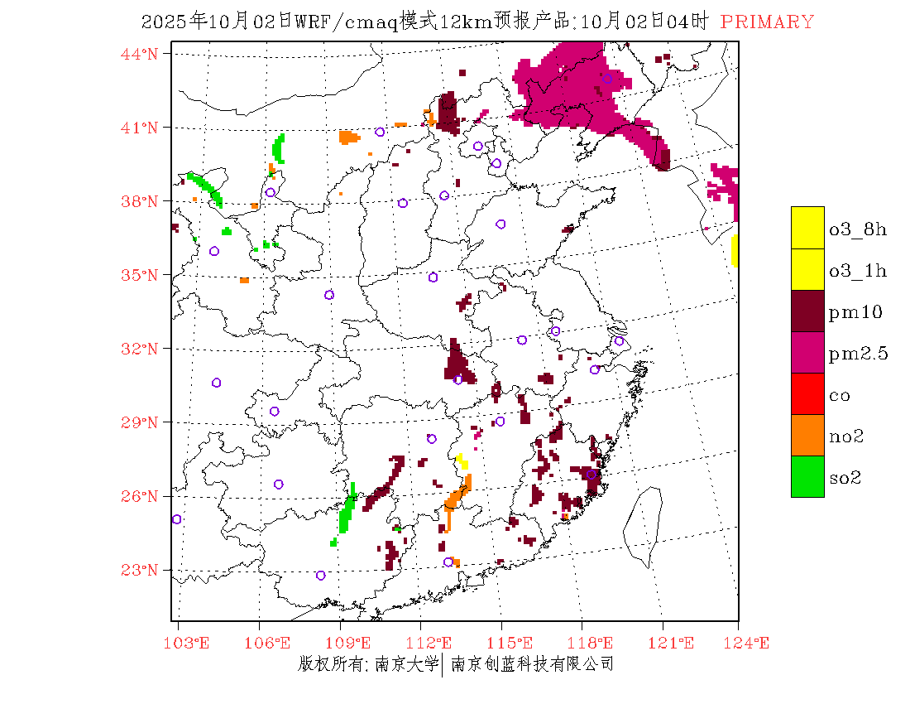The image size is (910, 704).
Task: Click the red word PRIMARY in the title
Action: pyautogui.click(x=767, y=22)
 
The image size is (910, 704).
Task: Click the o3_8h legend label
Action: pyautogui.click(x=858, y=229)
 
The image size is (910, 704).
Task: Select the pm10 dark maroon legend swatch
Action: pyautogui.click(x=807, y=311)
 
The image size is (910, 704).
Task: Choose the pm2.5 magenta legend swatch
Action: pyautogui.click(x=807, y=352)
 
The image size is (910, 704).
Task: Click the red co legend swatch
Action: pyautogui.click(x=807, y=393)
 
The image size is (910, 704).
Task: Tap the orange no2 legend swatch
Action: pyautogui.click(x=807, y=435)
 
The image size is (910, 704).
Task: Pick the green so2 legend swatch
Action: pyautogui.click(x=807, y=476)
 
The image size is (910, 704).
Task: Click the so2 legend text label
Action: pyautogui.click(x=845, y=478)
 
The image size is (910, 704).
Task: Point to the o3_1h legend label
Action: pyautogui.click(x=858, y=271)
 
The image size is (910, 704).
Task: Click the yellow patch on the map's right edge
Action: pyautogui.click(x=735, y=251)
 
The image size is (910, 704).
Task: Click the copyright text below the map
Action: pyautogui.click(x=456, y=663)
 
